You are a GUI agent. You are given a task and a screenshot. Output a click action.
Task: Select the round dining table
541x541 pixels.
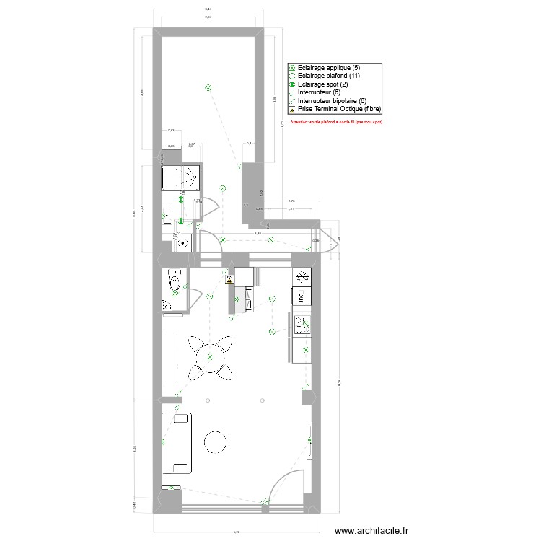coord(210,354)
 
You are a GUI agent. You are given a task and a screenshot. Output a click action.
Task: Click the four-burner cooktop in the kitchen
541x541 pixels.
coord(301,324)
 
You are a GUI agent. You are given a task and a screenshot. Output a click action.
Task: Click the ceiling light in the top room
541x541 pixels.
coord(208,88)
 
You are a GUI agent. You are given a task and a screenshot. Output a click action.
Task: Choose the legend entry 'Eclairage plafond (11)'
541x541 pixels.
coord(328,76)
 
